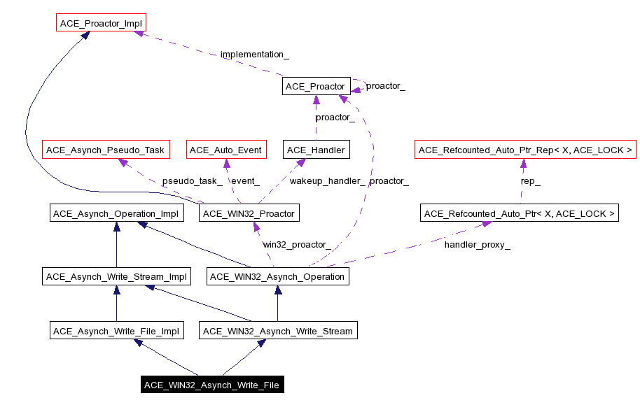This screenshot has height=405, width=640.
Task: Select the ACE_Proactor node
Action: click(315, 86)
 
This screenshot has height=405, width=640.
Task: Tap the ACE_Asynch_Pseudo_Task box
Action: click(105, 150)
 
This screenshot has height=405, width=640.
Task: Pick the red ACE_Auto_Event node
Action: click(225, 150)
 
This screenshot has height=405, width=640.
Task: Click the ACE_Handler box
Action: click(315, 150)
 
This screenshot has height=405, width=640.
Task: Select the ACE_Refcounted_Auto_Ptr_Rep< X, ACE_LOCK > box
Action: click(525, 150)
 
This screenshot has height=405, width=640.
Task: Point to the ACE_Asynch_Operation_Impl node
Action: click(117, 213)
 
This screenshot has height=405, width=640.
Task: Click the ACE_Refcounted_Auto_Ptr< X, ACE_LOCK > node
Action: click(520, 213)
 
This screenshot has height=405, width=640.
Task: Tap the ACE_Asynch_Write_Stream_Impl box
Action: click(116, 276)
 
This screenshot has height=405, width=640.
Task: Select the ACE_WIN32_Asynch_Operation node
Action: click(277, 276)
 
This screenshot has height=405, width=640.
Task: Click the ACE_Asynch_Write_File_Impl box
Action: click(116, 330)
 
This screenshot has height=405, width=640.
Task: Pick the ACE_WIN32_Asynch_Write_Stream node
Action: click(278, 330)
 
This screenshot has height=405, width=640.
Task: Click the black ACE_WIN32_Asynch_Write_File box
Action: click(211, 385)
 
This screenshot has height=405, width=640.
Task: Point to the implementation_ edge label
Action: click(254, 54)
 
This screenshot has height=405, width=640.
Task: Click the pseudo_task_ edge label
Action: click(192, 180)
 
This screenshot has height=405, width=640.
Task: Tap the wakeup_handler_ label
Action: click(327, 180)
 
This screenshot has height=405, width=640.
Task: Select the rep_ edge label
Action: click(530, 180)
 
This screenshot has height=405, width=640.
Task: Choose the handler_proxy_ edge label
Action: click(477, 244)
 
